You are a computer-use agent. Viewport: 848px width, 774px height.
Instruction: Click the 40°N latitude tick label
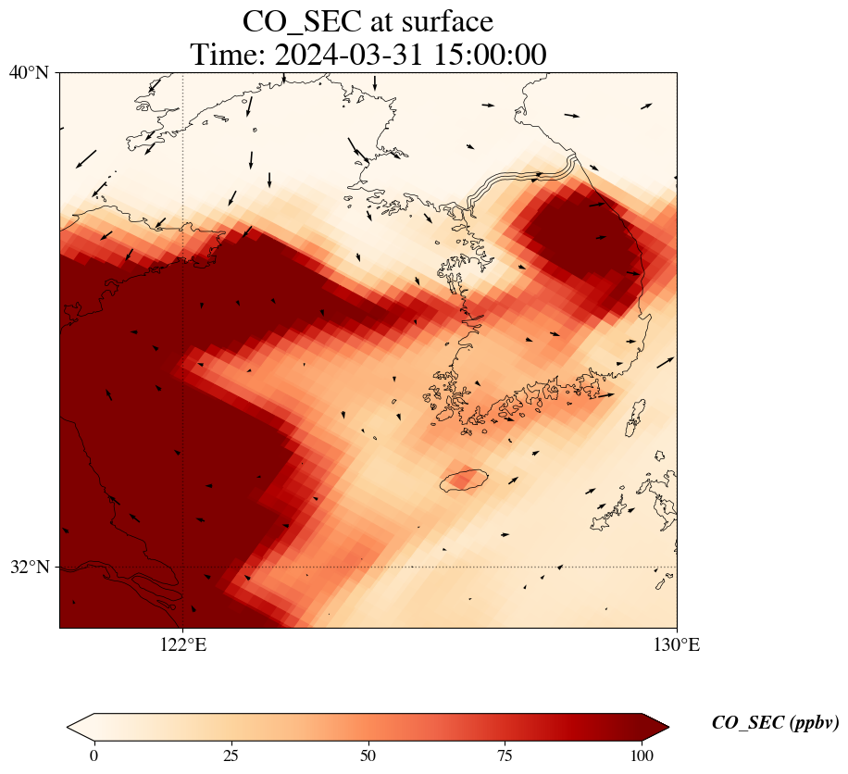click(x=29, y=72)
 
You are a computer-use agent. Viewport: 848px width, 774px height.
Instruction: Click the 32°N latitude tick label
click(x=29, y=567)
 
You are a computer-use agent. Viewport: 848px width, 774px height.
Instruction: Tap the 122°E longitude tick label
click(x=183, y=645)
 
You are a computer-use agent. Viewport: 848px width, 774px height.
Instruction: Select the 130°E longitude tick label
click(x=677, y=645)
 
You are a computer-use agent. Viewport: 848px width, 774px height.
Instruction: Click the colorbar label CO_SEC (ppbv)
click(x=775, y=723)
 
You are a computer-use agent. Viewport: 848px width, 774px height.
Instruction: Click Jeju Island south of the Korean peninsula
click(x=465, y=480)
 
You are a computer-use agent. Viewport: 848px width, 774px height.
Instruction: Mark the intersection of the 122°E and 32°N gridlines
click(x=183, y=567)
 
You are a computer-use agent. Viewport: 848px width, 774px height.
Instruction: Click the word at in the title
click(x=382, y=21)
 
